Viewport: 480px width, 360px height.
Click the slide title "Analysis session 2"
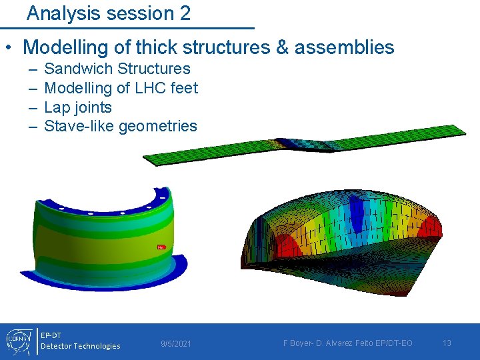click(x=109, y=13)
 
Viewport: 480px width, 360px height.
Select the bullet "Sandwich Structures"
click(x=117, y=69)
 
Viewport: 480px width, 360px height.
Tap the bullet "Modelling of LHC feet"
click(x=121, y=88)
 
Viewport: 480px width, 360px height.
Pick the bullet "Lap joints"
click(x=77, y=107)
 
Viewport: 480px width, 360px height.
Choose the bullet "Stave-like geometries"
click(x=120, y=126)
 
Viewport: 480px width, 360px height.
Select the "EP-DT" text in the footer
click(x=51, y=335)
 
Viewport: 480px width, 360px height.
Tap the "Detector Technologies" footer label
click(x=80, y=346)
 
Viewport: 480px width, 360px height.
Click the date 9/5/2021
click(x=176, y=343)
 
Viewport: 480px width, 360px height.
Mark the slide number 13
click(x=447, y=343)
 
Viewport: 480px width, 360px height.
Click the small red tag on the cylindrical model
click(x=161, y=247)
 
